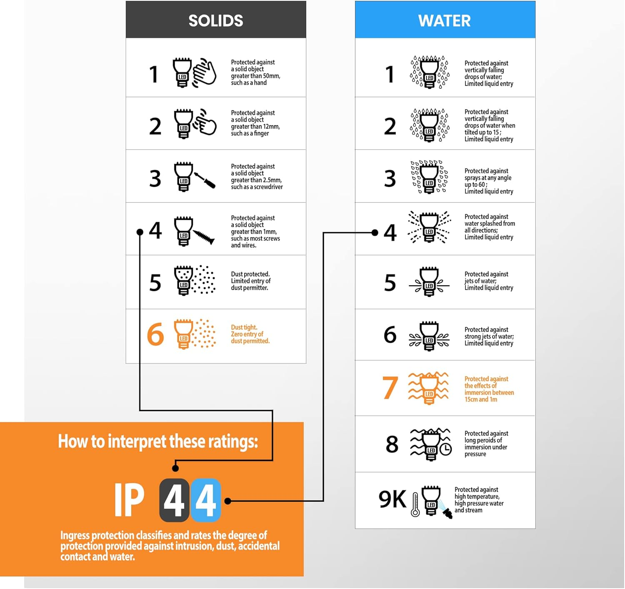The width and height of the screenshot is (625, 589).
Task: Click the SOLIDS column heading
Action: [x=215, y=21]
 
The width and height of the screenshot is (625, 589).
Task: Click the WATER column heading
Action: [x=444, y=21]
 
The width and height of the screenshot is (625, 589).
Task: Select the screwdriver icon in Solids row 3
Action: [x=205, y=180]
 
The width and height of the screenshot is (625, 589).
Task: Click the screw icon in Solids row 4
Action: [x=204, y=237]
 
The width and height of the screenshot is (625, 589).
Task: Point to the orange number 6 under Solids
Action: [x=155, y=334]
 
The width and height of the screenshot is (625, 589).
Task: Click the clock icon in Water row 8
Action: [x=445, y=449]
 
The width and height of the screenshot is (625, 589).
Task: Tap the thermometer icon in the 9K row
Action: [x=415, y=504]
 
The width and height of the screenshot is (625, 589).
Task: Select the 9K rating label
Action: [x=392, y=499]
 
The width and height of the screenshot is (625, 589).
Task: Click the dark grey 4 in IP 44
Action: [x=175, y=501]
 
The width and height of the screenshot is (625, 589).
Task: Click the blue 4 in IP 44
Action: [x=205, y=501]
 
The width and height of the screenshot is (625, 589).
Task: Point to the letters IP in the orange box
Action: [x=129, y=500]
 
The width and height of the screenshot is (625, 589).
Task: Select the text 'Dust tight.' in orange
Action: [x=244, y=327]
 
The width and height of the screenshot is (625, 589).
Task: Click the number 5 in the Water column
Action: [x=390, y=283]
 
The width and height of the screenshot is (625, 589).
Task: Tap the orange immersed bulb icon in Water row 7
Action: [x=428, y=388]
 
